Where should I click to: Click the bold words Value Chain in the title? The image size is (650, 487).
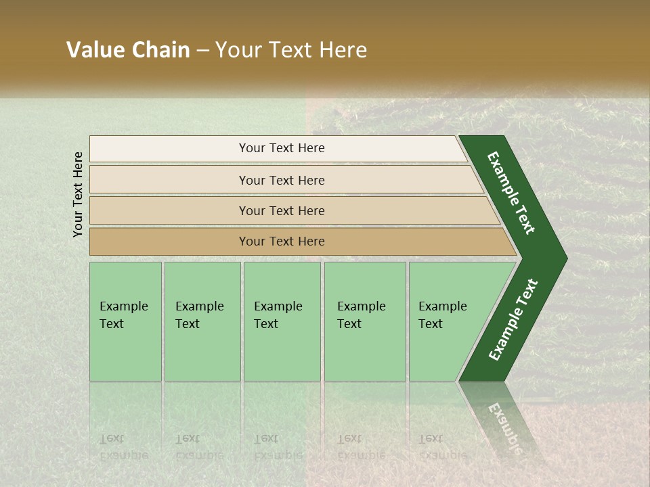(x=128, y=51)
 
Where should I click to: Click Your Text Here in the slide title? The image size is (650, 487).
(x=291, y=51)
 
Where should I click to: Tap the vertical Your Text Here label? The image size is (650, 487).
(x=78, y=194)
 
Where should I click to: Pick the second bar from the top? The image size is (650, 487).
(x=281, y=180)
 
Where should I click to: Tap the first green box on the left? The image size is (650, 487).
(x=125, y=321)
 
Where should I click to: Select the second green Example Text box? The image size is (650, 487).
(x=202, y=321)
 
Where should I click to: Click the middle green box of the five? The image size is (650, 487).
(x=282, y=321)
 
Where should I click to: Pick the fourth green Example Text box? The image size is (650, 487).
(x=364, y=321)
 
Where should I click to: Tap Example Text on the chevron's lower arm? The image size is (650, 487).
(x=513, y=319)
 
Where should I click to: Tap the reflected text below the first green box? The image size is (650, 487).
(x=123, y=446)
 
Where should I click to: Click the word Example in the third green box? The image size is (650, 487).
(x=278, y=306)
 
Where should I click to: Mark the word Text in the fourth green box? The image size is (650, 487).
(x=349, y=324)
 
